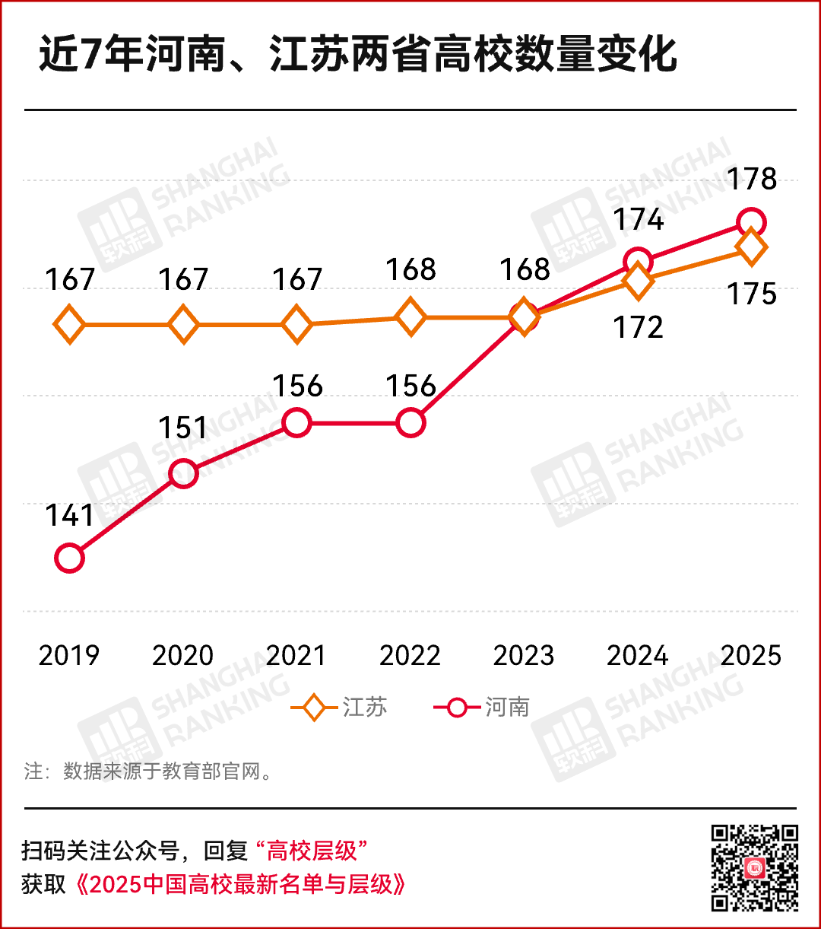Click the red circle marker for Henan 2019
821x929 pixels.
click(69, 558)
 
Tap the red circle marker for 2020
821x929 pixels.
click(183, 473)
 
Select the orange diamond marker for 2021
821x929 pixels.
click(296, 325)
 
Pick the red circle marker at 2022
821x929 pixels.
click(410, 422)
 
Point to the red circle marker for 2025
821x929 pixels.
click(751, 223)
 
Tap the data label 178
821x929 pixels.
click(752, 180)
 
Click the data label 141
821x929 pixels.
click(69, 516)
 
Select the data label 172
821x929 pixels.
click(638, 327)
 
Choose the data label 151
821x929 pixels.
click(183, 428)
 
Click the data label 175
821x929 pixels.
click(752, 294)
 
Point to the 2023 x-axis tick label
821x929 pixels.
click(524, 655)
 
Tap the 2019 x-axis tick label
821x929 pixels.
click(69, 655)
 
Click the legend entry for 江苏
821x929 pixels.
click(340, 708)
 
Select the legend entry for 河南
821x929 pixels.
click(482, 708)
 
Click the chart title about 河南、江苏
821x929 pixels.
click(357, 56)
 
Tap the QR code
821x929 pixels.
click(754, 867)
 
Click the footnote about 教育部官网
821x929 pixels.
click(148, 772)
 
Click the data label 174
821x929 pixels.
click(639, 219)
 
